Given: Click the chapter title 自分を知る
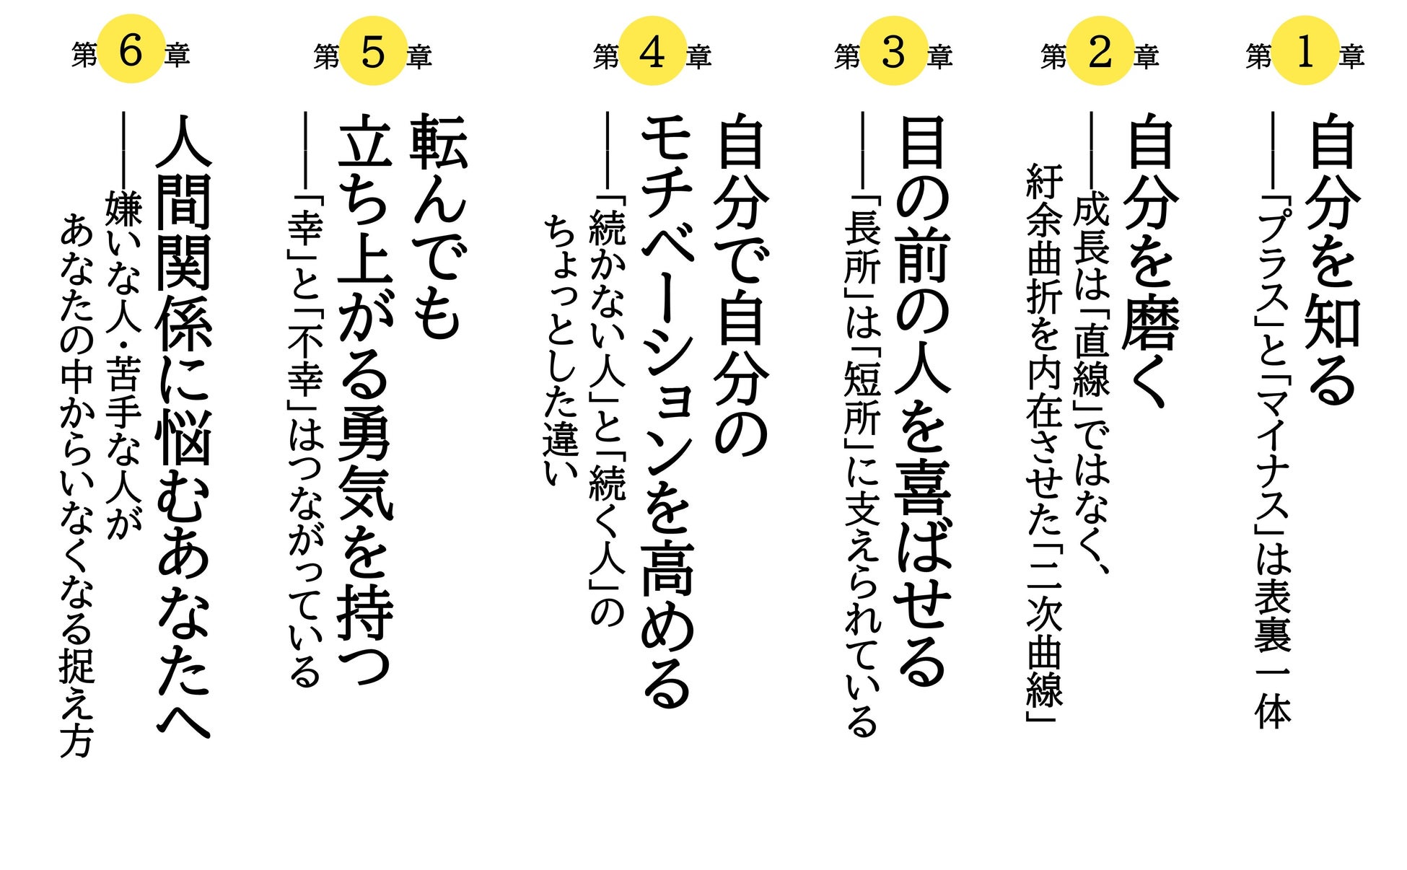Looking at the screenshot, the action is pos(1334,260).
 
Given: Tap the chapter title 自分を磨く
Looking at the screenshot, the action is pos(1152,260).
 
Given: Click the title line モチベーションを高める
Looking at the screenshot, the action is pos(667,411).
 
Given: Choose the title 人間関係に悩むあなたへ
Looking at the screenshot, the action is pos(183,426).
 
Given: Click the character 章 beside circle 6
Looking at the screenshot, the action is pos(177,56).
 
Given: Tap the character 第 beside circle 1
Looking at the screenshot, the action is pos(1259,56).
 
